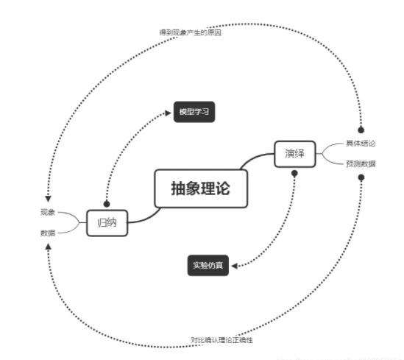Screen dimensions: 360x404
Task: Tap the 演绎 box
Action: click(294, 154)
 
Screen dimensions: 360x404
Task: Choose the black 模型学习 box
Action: click(195, 112)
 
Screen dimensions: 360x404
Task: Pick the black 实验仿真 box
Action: click(210, 264)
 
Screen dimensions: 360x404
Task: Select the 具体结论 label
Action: click(361, 144)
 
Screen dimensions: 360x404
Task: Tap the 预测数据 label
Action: click(361, 163)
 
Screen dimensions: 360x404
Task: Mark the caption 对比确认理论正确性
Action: click(222, 341)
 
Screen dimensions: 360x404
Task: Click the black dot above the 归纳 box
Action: click(107, 203)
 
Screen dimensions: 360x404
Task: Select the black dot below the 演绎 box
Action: click(294, 174)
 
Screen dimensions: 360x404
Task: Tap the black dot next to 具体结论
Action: click(361, 130)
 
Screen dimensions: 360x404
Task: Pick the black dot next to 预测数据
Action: click(361, 178)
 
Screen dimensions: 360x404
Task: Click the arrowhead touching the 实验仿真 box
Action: click(238, 264)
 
